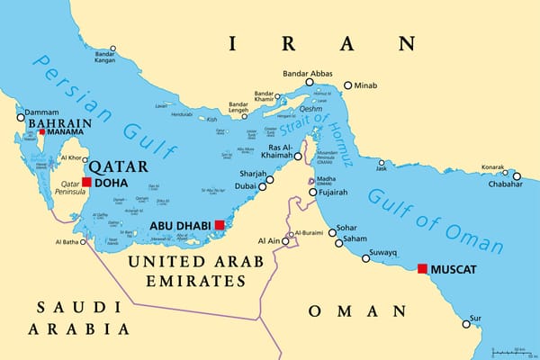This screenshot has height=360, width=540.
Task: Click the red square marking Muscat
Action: click(x=422, y=268)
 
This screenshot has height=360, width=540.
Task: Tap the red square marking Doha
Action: click(x=86, y=182)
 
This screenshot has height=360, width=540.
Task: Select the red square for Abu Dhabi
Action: click(x=219, y=224)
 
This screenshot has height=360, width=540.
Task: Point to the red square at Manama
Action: click(x=40, y=132)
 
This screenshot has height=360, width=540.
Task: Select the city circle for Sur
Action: click(x=465, y=323)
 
